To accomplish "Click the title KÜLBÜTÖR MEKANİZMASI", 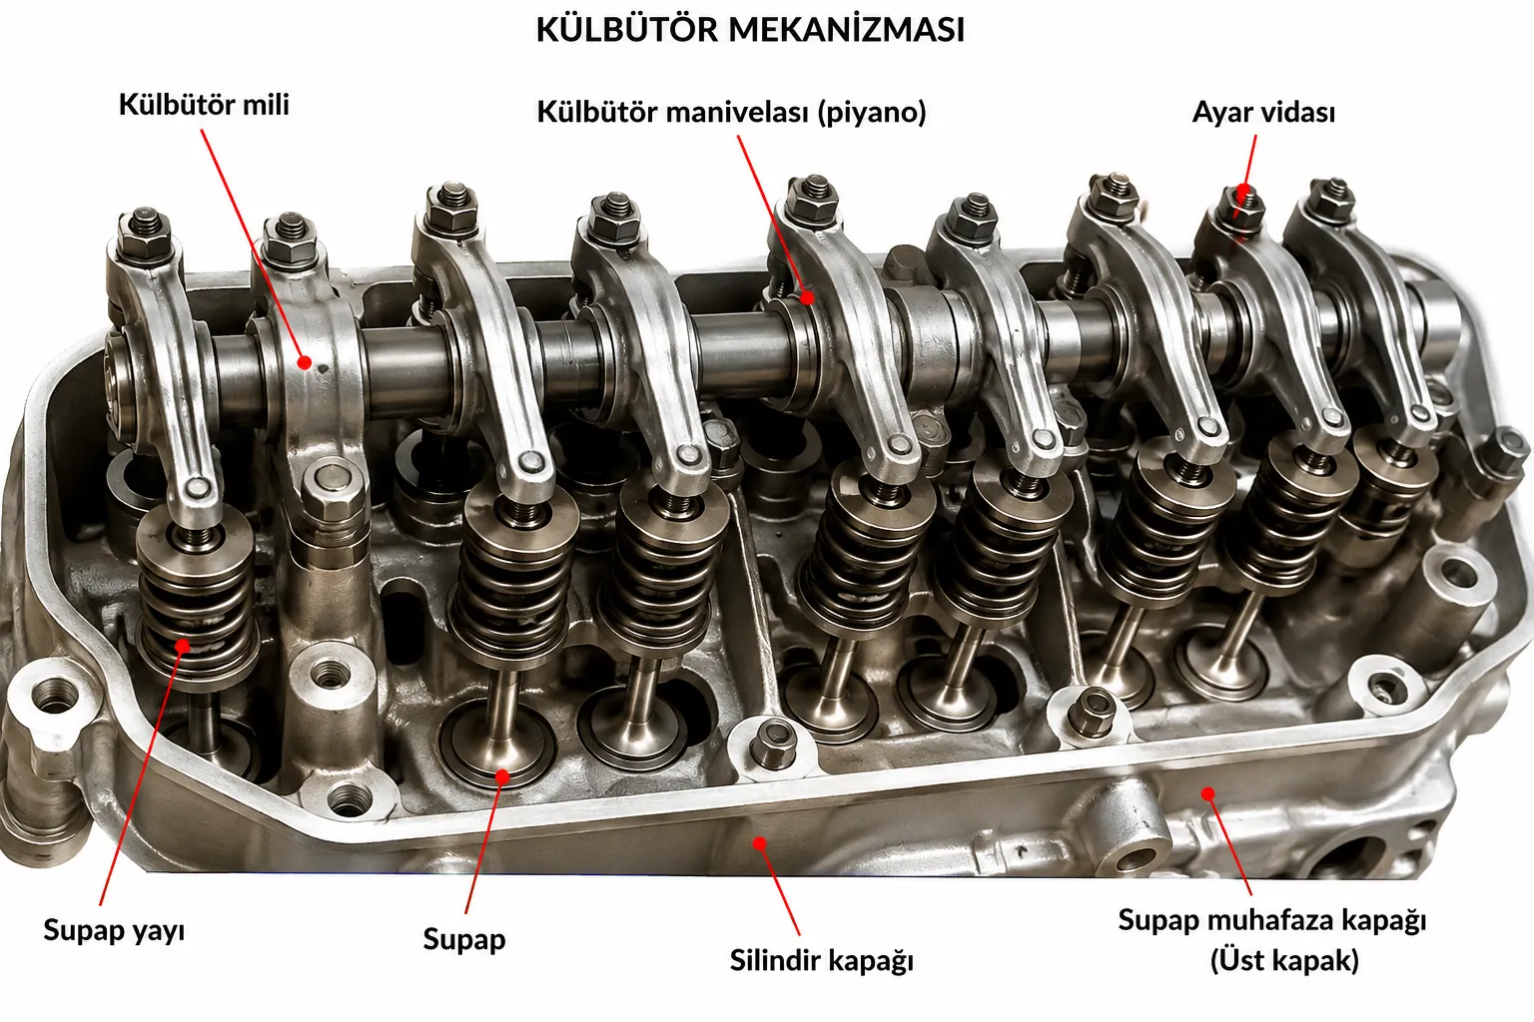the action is (x=750, y=29).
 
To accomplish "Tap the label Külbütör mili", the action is (x=204, y=105).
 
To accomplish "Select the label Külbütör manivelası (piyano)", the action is (x=731, y=112).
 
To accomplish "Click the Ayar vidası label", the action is (x=1263, y=112).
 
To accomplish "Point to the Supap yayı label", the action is (x=115, y=930).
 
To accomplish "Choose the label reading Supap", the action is (x=464, y=939).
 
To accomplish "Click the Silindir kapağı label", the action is (x=821, y=960).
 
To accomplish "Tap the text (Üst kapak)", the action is (x=1284, y=960).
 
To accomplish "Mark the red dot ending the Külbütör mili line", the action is (x=305, y=362).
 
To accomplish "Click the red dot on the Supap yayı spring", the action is (x=183, y=645).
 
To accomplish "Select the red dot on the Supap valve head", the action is (x=502, y=776).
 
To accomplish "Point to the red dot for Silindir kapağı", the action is (x=759, y=842).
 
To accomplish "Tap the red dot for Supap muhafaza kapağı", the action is (x=1208, y=793).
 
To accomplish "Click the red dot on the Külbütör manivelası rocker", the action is (x=808, y=297).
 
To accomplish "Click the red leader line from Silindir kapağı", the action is (x=779, y=888).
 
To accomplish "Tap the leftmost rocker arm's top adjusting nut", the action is (x=144, y=232).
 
